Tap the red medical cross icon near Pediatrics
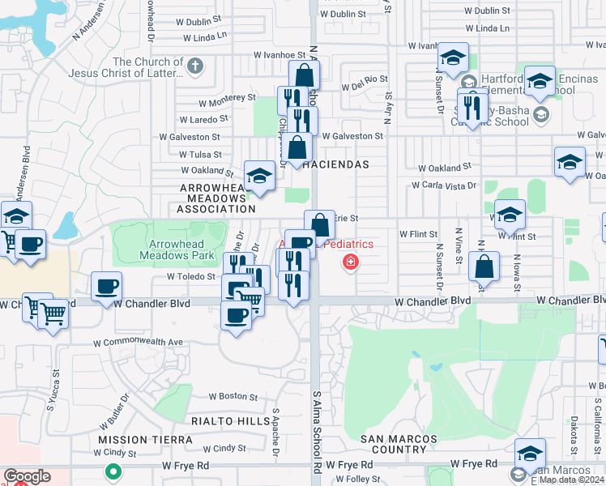click(x=351, y=262)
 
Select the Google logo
click(x=27, y=476)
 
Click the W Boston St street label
click(x=233, y=397)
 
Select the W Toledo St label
click(x=191, y=276)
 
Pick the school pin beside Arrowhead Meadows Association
click(x=258, y=176)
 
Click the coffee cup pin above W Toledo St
click(x=107, y=286)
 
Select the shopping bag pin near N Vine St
click(x=484, y=266)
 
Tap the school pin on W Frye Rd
click(x=530, y=453)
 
